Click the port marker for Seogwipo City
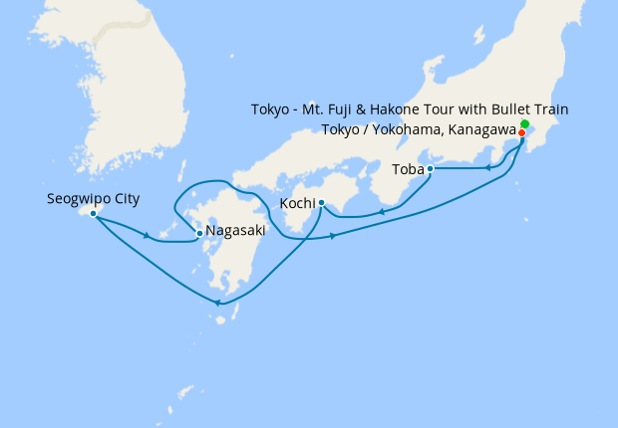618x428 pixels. [x=93, y=213]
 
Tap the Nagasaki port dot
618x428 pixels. [x=199, y=233]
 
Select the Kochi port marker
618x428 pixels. [x=321, y=203]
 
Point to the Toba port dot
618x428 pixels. [x=430, y=169]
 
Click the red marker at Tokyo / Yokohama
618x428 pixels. [x=521, y=132]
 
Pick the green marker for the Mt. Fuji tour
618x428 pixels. [x=524, y=123]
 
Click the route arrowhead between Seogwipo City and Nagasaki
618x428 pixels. [x=148, y=236]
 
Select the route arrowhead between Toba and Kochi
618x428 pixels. [x=380, y=212]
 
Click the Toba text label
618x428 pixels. [x=407, y=169]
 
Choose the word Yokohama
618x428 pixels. [x=407, y=130]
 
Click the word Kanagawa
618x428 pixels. [x=480, y=130]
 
